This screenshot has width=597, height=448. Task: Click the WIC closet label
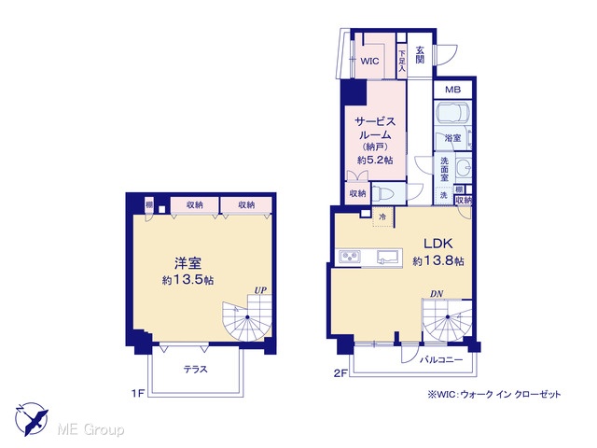[369, 61]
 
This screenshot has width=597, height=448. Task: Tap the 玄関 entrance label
[420, 55]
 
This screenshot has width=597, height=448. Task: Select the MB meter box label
[452, 90]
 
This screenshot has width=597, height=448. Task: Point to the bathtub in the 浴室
[452, 112]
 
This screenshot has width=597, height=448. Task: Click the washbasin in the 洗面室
[464, 168]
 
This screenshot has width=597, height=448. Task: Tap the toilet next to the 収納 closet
[383, 193]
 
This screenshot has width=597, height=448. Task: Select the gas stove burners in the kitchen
[350, 257]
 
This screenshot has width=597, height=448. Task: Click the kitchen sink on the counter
[388, 257]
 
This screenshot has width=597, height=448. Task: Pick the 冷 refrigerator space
[382, 217]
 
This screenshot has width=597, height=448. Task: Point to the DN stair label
[437, 294]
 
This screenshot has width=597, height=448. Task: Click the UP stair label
[260, 290]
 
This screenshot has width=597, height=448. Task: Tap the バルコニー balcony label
[441, 359]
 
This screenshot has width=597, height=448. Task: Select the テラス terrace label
[196, 369]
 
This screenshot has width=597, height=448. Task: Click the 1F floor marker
[138, 393]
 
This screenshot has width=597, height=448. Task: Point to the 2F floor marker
[340, 373]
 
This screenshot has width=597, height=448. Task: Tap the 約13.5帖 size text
[187, 280]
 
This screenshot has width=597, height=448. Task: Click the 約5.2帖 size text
[375, 160]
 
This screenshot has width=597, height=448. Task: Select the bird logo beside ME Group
[32, 419]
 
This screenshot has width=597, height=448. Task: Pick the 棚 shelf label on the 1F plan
[149, 205]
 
